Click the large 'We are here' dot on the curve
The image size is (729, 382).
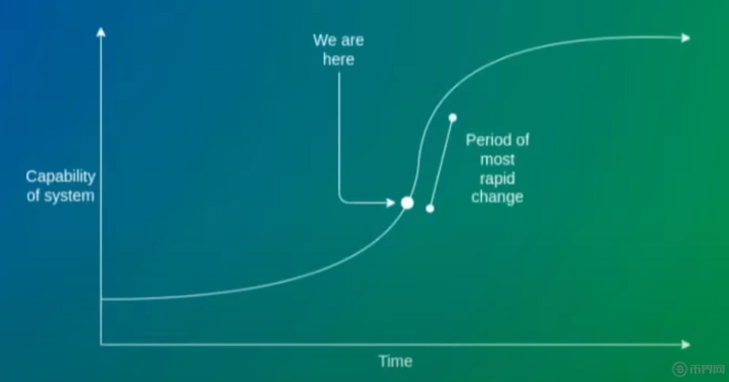point(407,203)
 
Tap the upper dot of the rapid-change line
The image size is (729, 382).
point(453,118)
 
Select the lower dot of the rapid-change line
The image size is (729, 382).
point(430,208)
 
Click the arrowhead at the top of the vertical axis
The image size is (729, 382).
point(101,32)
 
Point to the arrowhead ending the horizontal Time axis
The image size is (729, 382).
point(686,344)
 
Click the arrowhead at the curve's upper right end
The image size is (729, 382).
point(686,38)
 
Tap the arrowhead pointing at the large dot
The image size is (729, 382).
point(391,203)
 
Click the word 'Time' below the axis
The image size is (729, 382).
point(395,361)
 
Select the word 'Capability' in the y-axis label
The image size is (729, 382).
point(61,177)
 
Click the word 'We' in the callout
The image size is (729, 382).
point(324,40)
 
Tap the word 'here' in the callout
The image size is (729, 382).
point(339,59)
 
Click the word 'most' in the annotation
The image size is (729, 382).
point(497,160)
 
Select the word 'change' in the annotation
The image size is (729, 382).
point(497,197)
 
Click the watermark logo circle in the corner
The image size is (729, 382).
point(679,369)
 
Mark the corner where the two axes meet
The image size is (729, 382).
point(101,344)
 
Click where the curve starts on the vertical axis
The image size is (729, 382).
point(101,299)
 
